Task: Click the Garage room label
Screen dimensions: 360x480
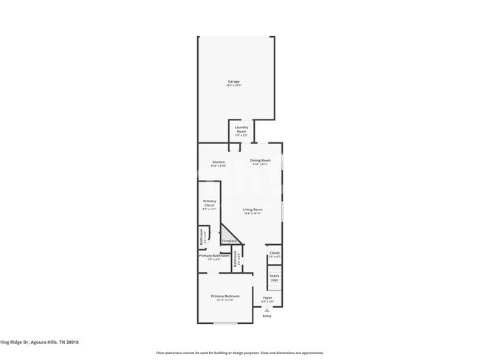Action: point(233,82)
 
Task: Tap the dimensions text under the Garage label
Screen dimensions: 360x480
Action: point(233,86)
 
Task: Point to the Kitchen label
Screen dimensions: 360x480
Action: point(219,162)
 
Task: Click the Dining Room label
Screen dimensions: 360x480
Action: point(260,160)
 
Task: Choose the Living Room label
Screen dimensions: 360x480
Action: point(253,210)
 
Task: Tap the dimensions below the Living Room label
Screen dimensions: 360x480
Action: point(253,214)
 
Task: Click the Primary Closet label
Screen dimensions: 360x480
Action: point(210,203)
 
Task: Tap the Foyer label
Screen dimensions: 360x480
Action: point(267,298)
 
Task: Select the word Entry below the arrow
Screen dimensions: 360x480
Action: point(267,316)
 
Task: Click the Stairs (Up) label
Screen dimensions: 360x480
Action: point(275,277)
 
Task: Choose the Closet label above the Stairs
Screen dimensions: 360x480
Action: point(275,252)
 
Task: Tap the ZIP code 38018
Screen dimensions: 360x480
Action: point(72,342)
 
